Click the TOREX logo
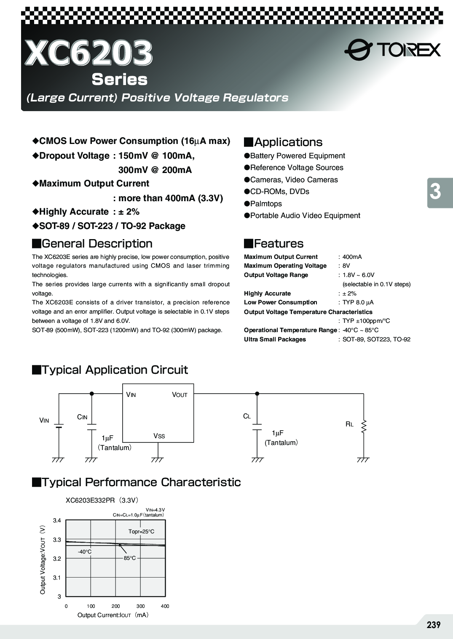pyautogui.click(x=392, y=50)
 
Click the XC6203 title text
pyautogui.click(x=88, y=53)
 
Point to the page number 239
pyautogui.click(x=433, y=625)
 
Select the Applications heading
pyautogui.click(x=288, y=142)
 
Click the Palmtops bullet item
pyautogui.click(x=265, y=204)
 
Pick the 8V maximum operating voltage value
pyautogui.click(x=346, y=266)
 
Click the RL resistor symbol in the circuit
pyautogui.click(x=364, y=426)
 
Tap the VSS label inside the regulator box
pyautogui.click(x=159, y=436)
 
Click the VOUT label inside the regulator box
pyautogui.click(x=180, y=395)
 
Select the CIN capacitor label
pyautogui.click(x=82, y=417)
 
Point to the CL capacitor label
pyautogui.click(x=247, y=416)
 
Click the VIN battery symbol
pyautogui.click(x=59, y=425)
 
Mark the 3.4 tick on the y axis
pyautogui.click(x=57, y=521)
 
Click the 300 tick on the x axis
pyautogui.click(x=140, y=606)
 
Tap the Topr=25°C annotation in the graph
pyautogui.click(x=141, y=532)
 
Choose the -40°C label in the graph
pyautogui.click(x=84, y=552)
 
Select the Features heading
pyautogui.click(x=279, y=244)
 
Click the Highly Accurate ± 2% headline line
pyautogui.click(x=89, y=212)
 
